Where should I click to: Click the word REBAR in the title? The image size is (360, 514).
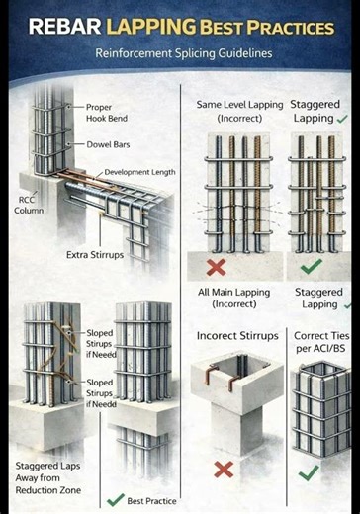pos(62,25)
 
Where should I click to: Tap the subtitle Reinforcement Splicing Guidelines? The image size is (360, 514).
pos(183,53)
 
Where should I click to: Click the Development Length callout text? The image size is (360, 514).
pos(139,172)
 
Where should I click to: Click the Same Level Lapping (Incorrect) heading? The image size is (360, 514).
pos(238,111)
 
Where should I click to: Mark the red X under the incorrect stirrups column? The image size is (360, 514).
pos(223,470)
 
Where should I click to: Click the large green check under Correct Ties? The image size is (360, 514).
pos(309,471)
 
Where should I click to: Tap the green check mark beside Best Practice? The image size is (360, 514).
pos(116,499)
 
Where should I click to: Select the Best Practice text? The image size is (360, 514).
pos(150,501)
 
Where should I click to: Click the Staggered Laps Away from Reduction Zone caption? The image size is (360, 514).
pos(48,477)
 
